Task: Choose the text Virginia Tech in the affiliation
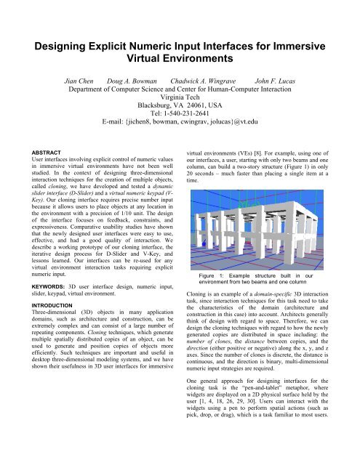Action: tap(180, 105)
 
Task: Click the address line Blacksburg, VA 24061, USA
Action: tap(180, 115)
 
